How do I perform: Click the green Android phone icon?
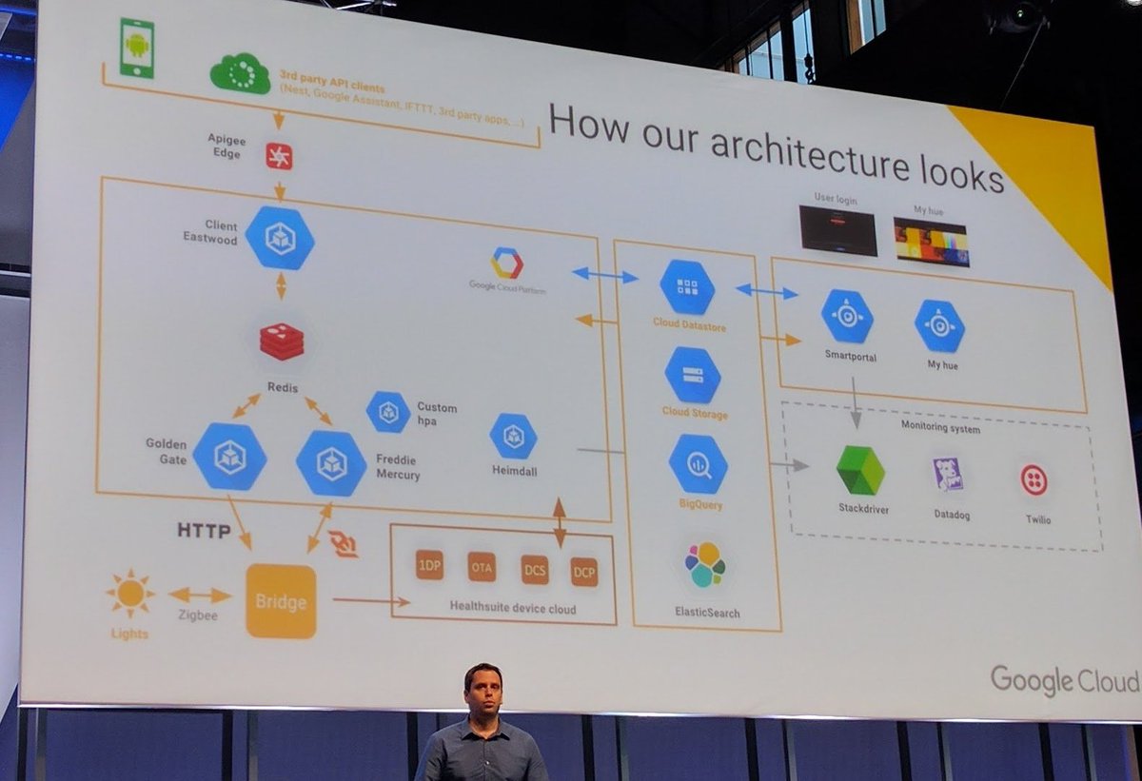(x=137, y=48)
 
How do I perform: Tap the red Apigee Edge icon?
(x=279, y=156)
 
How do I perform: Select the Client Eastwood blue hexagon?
(x=280, y=238)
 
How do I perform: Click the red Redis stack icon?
(x=282, y=341)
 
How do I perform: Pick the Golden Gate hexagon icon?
(x=229, y=457)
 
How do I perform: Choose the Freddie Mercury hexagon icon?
(x=331, y=462)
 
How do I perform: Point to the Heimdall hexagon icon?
(x=514, y=436)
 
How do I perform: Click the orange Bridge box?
(x=281, y=601)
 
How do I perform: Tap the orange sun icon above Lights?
(x=130, y=594)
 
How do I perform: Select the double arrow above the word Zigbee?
(x=200, y=596)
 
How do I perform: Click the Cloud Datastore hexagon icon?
(x=687, y=287)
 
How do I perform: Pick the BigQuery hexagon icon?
(x=698, y=463)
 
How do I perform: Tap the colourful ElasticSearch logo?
(x=705, y=564)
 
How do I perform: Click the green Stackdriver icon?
(x=860, y=470)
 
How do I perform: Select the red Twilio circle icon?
(x=1034, y=479)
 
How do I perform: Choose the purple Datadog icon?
(x=948, y=474)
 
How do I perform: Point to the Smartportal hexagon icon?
(x=847, y=318)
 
